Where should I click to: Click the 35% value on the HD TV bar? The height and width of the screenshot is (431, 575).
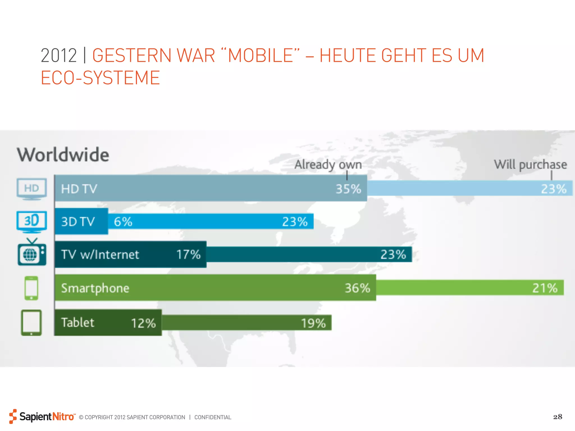(x=348, y=189)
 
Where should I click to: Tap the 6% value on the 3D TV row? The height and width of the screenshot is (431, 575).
(x=123, y=222)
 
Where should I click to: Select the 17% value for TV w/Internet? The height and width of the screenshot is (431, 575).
(x=188, y=255)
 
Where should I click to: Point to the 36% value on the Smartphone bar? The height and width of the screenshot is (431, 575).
(x=357, y=288)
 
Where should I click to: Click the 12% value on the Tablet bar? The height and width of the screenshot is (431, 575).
(x=143, y=323)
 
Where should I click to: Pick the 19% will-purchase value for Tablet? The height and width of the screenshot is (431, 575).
(x=313, y=323)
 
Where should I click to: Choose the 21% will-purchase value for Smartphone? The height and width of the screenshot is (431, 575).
(x=545, y=288)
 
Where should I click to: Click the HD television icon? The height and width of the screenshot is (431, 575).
(x=32, y=189)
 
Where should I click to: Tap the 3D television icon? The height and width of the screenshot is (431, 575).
(x=32, y=222)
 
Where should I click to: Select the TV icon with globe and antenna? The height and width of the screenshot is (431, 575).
(x=32, y=253)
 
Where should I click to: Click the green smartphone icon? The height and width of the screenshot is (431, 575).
(x=31, y=288)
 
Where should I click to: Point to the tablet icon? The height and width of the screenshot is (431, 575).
(x=31, y=323)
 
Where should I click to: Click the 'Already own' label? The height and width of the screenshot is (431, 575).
(x=328, y=165)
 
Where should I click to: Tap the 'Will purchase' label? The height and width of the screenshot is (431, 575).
(x=530, y=165)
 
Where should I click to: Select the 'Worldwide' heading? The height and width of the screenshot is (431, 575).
(x=63, y=155)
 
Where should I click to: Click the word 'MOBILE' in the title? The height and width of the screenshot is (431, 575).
(x=261, y=55)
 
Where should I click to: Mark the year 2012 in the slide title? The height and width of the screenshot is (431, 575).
(x=59, y=55)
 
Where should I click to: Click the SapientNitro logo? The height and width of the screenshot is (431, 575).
(x=42, y=417)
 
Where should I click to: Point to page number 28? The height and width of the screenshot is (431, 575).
(x=558, y=417)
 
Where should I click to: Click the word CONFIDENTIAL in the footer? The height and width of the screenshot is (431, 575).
(x=213, y=417)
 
